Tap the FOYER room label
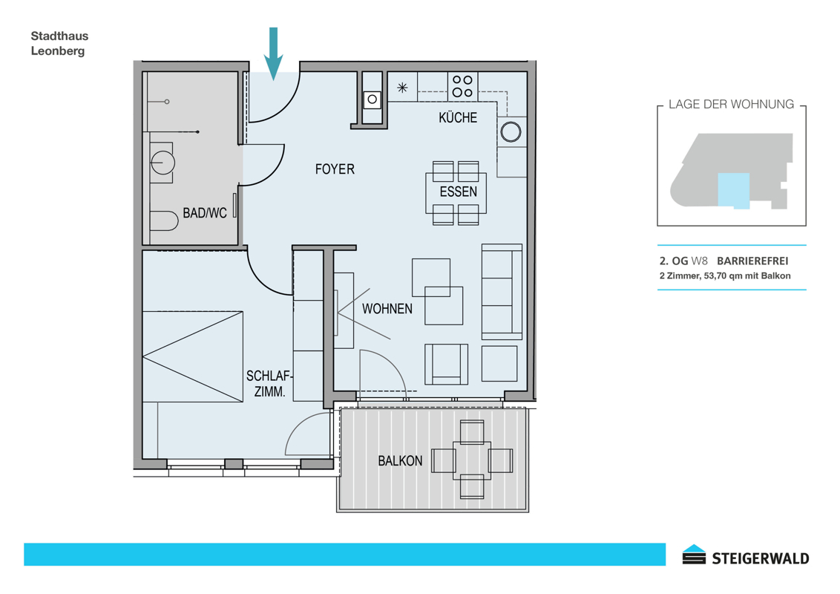point(335,169)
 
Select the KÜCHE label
point(458,117)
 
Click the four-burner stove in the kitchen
point(462,86)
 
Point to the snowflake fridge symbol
point(402,88)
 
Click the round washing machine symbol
point(511,132)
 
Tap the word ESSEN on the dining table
point(458,192)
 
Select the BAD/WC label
point(205,213)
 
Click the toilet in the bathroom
point(163,221)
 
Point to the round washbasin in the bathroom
point(163,162)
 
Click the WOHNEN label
point(387,309)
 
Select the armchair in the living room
point(446,365)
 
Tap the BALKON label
point(400,461)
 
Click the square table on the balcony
point(472,460)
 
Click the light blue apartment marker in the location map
point(733,190)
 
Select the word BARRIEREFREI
point(752,261)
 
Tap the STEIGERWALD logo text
point(760,558)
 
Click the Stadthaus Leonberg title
point(59,43)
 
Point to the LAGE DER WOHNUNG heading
point(731,105)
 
